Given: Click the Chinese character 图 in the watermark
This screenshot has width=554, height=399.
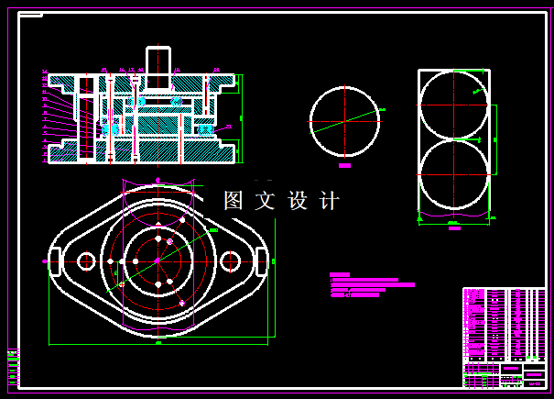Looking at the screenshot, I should coord(234,201).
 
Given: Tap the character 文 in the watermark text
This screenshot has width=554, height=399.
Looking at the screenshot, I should coord(266,201).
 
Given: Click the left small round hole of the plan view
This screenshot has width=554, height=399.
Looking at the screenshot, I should coord(85,261).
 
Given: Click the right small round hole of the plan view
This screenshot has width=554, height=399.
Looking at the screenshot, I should coord(230,261).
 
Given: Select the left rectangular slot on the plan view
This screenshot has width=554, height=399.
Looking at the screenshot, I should coord(54,261).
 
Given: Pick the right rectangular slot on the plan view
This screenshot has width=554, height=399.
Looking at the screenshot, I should coord(261,261).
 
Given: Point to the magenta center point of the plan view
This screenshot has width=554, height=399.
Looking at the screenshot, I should coord(158,261).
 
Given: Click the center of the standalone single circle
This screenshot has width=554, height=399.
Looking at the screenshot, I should coord(344,121).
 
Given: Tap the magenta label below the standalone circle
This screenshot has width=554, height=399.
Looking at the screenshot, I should coord(344,166).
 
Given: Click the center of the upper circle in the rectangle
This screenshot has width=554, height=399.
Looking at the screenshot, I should coord(453,104).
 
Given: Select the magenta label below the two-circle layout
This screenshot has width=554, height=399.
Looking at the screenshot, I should coord(454,228).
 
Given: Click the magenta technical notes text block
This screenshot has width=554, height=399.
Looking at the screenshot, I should coord(371,285).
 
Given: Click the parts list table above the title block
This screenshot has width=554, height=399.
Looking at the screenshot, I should coord(504,325).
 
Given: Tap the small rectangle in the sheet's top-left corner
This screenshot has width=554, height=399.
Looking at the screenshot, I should coord(31,15).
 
